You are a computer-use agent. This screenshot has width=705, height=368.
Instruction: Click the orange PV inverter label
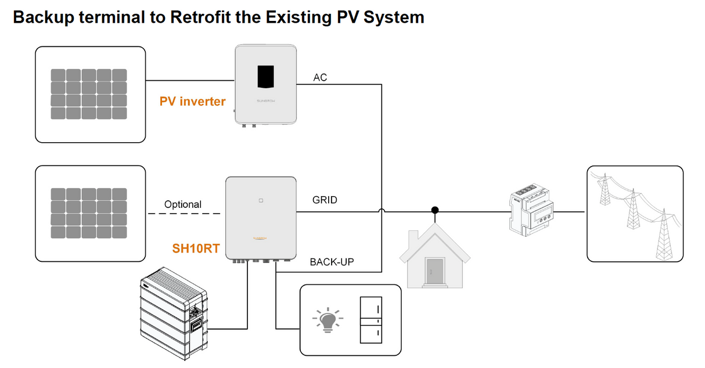tap(192, 102)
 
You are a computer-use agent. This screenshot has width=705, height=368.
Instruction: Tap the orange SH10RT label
tap(196, 248)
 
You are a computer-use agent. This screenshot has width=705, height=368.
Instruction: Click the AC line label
tap(320, 77)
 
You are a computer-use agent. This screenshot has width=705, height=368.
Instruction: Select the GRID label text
tap(325, 200)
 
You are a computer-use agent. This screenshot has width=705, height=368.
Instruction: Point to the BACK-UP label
tap(332, 262)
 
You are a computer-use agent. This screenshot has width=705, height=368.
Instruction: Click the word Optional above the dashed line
tap(183, 204)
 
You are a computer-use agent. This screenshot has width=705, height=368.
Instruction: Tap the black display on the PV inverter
tap(266, 77)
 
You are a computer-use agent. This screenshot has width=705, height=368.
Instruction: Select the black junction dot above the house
tap(434, 210)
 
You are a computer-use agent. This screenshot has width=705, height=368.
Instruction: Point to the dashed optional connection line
tap(184, 214)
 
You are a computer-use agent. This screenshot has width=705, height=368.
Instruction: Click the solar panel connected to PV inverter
tap(88, 94)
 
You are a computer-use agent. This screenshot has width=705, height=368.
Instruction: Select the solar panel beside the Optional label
tap(88, 212)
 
